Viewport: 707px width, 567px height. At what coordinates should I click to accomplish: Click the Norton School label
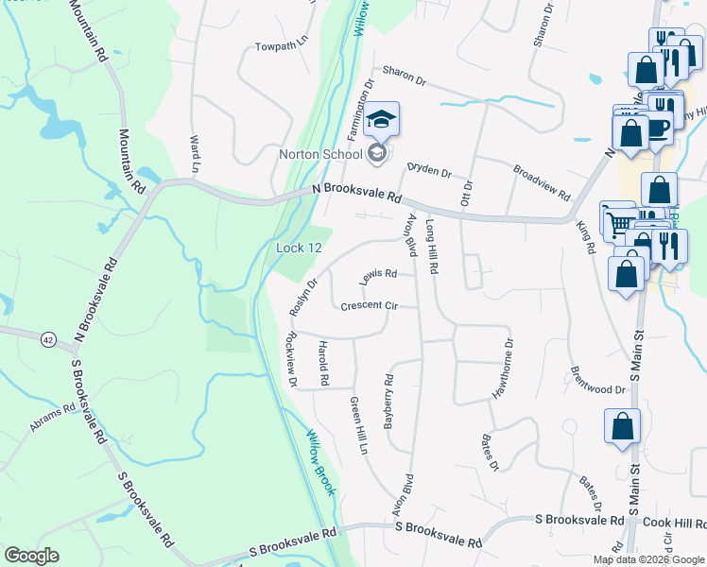[319, 154]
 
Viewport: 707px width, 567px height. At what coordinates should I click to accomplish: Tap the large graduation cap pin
[381, 120]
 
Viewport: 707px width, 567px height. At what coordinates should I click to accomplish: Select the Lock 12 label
[300, 248]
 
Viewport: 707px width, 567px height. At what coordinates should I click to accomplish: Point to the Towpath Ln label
[282, 45]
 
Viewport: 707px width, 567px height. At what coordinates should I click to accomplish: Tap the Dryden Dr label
[429, 169]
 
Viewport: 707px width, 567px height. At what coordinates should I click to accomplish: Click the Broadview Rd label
[542, 182]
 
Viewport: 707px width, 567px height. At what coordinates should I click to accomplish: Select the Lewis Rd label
[378, 275]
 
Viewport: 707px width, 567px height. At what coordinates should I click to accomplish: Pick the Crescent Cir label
[369, 305]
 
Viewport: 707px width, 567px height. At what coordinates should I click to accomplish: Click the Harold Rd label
[323, 363]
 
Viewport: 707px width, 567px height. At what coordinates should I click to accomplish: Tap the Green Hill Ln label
[358, 426]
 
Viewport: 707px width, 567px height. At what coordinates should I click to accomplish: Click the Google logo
[32, 556]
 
